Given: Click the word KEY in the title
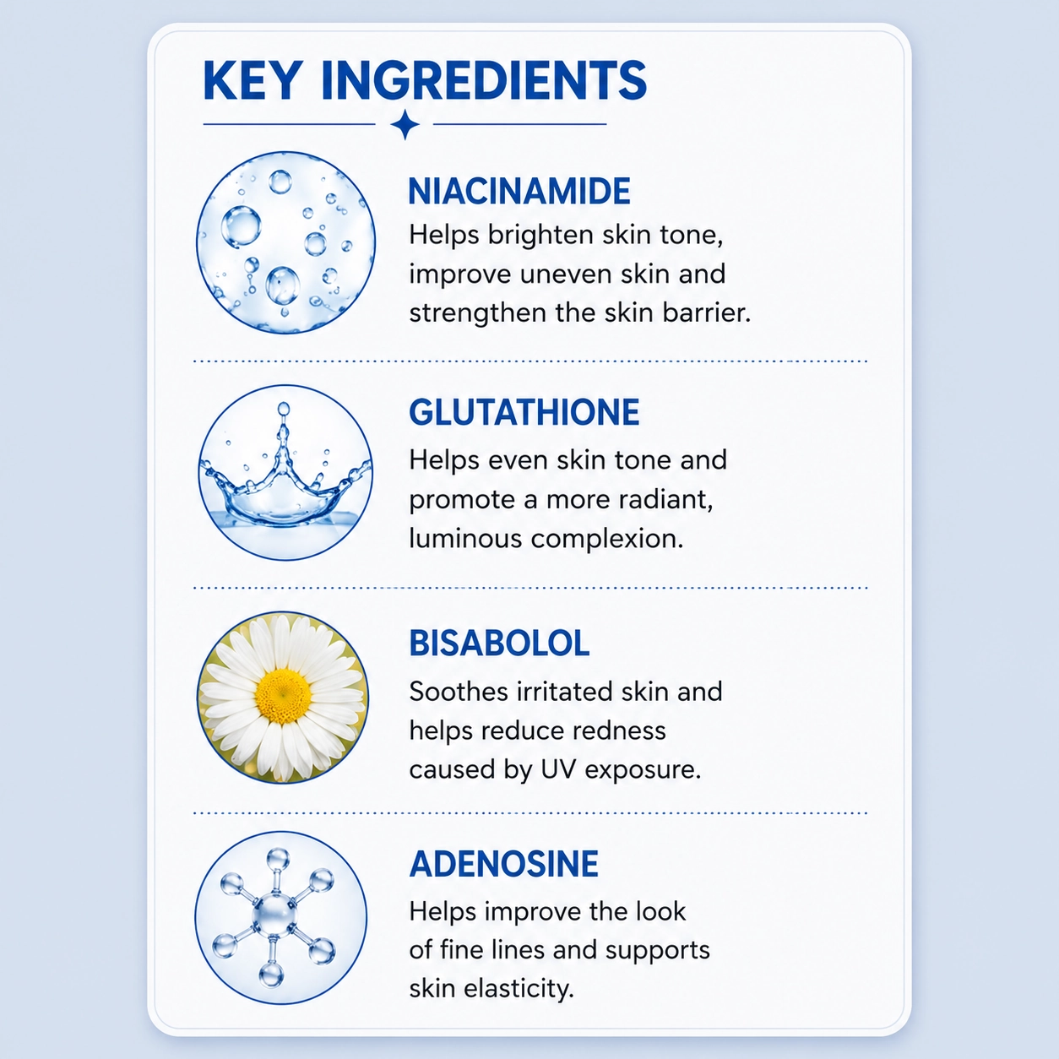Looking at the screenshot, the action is pyautogui.click(x=253, y=80).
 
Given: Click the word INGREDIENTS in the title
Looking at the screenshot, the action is pyautogui.click(x=484, y=80).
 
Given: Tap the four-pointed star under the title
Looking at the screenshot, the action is pyautogui.click(x=405, y=124).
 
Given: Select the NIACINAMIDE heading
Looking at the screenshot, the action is pyautogui.click(x=519, y=191).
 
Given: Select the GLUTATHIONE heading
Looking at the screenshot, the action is pyautogui.click(x=524, y=413).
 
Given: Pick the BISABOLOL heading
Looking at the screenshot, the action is pyautogui.click(x=499, y=644).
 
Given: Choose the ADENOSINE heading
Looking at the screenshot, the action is pyautogui.click(x=504, y=865).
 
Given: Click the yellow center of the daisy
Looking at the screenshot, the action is pyautogui.click(x=283, y=697).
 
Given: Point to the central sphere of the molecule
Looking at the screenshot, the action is pyautogui.click(x=274, y=915).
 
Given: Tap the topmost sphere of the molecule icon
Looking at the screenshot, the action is pyautogui.click(x=278, y=858).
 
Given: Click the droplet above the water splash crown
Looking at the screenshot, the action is pyautogui.click(x=284, y=409).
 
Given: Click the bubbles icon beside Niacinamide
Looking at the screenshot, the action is pyautogui.click(x=285, y=242).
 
